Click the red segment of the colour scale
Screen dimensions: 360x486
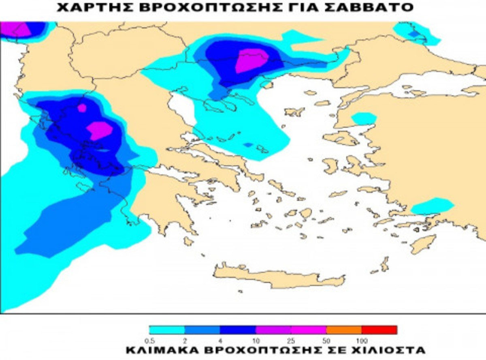pos(379,330)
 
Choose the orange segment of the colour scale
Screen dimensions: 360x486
pos(344,330)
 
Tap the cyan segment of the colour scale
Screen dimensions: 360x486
pos(167,330)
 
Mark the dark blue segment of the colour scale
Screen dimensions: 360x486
pos(238,330)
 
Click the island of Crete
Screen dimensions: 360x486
pos(279,279)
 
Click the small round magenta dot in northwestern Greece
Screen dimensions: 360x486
pos(82,108)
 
